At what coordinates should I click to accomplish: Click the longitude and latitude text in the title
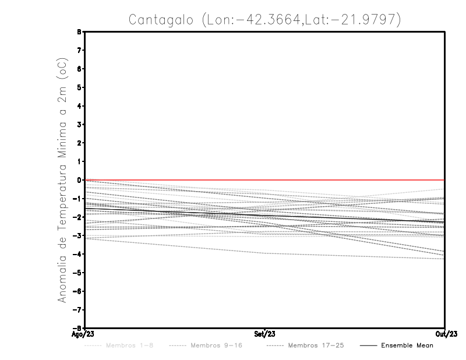(x=301, y=20)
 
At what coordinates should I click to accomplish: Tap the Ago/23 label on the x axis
(x=84, y=335)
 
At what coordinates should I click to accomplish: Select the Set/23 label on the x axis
(x=265, y=335)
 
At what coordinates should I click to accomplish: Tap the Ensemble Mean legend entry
(x=407, y=345)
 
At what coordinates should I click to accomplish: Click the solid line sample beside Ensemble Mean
(x=368, y=345)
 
